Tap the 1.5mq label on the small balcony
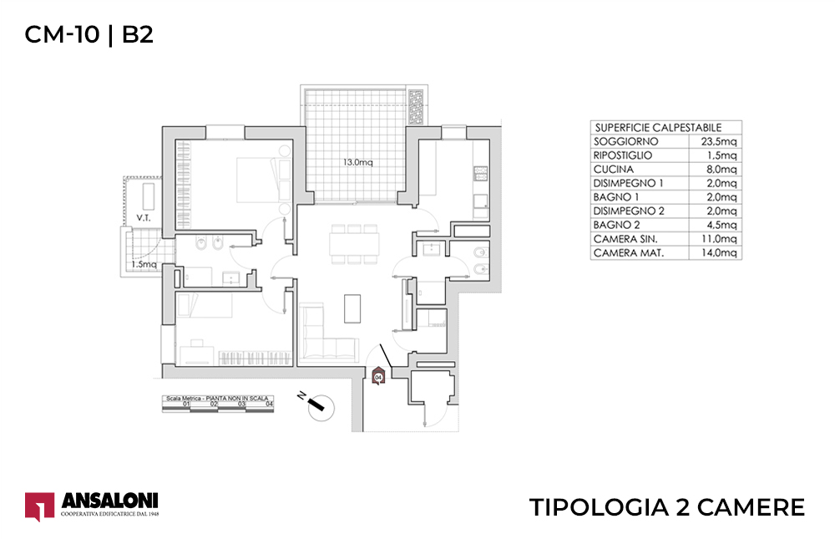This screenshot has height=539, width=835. [143, 265]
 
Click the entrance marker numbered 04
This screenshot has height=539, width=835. [378, 377]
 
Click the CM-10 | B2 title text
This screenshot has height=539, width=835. [89, 34]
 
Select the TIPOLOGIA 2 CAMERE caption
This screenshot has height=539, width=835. [667, 506]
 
